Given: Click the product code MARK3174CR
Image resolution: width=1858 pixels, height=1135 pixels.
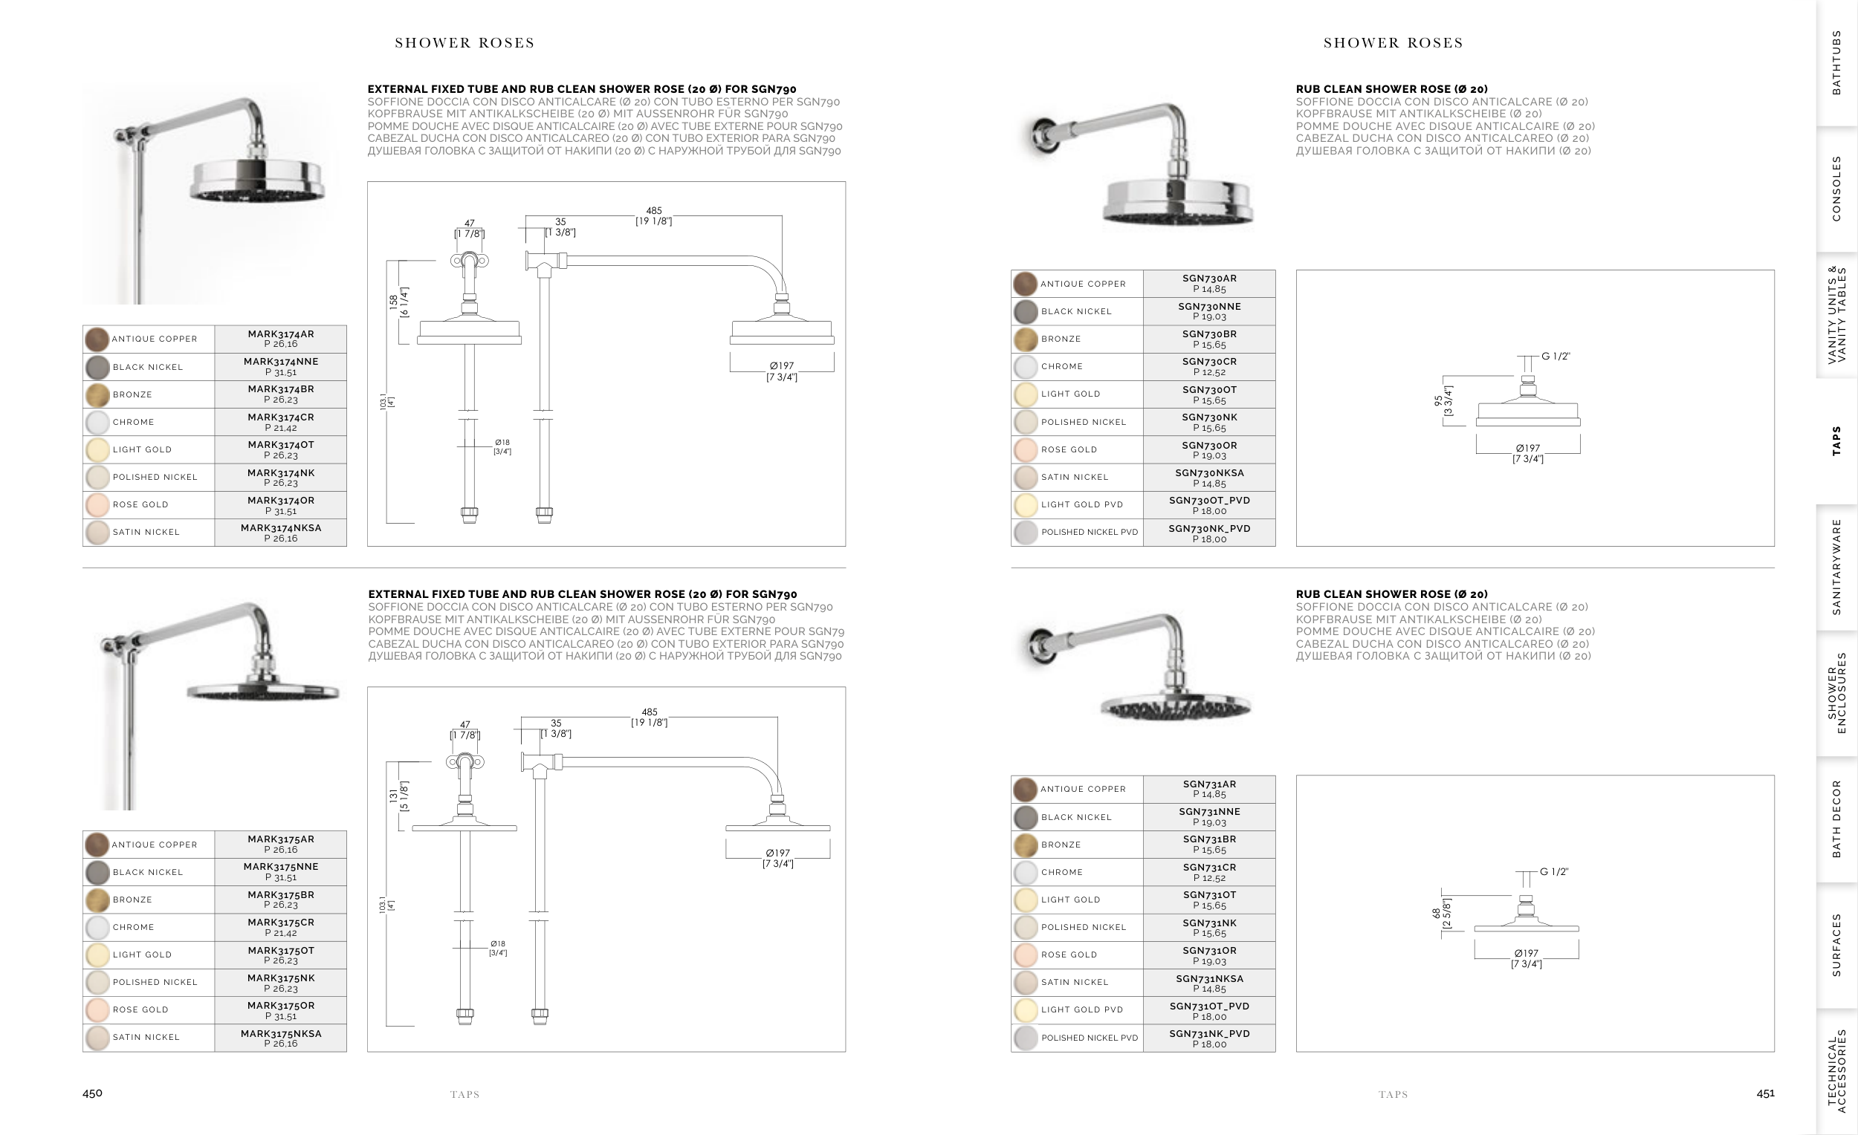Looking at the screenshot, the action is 280,417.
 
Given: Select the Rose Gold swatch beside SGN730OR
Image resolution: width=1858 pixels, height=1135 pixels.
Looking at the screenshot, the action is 1026,449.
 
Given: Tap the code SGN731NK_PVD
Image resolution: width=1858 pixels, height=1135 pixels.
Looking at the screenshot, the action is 1209,1033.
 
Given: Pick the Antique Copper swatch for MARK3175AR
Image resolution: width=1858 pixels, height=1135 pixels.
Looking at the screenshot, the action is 97,844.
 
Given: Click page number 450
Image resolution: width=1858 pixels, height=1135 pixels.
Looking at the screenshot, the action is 92,1093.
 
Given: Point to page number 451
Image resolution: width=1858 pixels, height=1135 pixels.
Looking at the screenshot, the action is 1765,1093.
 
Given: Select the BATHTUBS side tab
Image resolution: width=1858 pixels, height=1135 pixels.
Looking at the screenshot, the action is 1837,62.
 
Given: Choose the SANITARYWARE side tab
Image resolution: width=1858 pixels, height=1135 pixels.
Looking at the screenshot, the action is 1837,567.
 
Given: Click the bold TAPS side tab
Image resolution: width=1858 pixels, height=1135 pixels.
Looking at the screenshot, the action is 1837,441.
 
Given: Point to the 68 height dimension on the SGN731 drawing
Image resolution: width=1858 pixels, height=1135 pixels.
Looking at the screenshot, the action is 1436,913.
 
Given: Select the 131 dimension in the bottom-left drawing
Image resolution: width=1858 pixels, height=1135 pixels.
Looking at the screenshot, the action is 393,796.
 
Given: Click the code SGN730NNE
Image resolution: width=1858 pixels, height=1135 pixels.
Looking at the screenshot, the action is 1209,306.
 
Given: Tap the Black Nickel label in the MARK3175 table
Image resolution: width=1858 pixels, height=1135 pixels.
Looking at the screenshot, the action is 148,872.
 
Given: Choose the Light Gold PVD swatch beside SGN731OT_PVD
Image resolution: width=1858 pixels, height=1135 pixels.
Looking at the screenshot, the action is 1026,1010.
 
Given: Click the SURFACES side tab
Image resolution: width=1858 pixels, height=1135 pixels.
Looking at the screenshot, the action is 1837,945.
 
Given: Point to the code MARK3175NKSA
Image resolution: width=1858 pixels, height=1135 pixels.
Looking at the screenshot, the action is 280,1033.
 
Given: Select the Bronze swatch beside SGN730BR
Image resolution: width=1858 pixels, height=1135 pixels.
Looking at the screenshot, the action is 1026,339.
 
